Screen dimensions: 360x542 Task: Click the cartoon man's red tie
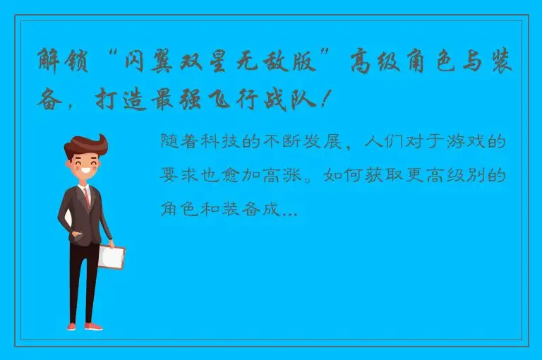coord(87,197)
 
